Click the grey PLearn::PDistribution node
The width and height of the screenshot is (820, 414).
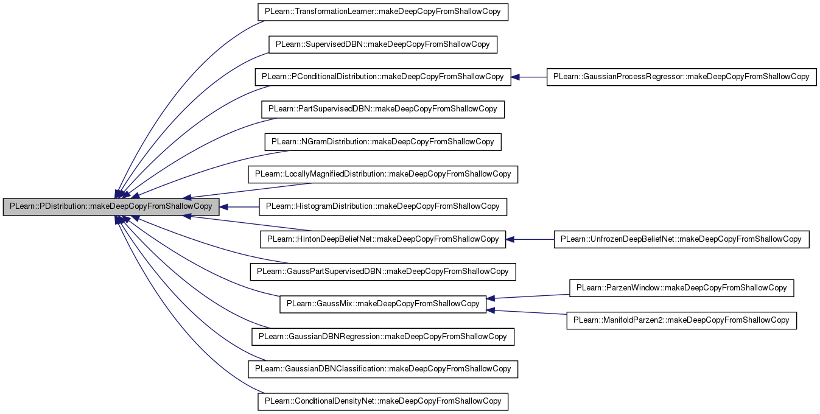click(x=111, y=207)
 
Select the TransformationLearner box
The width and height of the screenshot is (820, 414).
click(x=383, y=12)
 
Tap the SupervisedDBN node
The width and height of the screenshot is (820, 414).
click(x=383, y=44)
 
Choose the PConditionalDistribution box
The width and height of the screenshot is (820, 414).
click(x=383, y=77)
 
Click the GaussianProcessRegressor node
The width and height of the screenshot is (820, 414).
click(x=682, y=77)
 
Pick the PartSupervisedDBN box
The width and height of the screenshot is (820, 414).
click(x=383, y=110)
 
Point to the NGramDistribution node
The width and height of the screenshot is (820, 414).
click(x=383, y=142)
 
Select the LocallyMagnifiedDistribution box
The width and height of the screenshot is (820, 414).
click(x=383, y=174)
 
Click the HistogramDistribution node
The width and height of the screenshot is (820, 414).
click(x=383, y=207)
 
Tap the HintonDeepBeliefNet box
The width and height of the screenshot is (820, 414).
click(x=383, y=239)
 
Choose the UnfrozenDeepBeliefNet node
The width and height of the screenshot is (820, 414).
click(x=682, y=239)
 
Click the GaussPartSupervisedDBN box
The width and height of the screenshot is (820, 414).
click(x=383, y=272)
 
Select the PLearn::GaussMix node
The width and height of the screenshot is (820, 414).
click(x=383, y=304)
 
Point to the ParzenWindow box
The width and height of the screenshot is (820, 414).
click(x=682, y=288)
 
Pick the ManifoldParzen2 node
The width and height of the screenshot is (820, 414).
click(x=682, y=320)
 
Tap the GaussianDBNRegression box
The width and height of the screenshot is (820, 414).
click(x=383, y=337)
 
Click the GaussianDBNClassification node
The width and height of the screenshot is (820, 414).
click(x=383, y=369)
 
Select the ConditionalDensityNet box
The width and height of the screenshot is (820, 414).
click(x=383, y=402)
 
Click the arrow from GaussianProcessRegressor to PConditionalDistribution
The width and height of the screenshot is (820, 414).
click(x=529, y=77)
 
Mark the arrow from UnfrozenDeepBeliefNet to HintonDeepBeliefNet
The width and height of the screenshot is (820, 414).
click(x=530, y=239)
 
